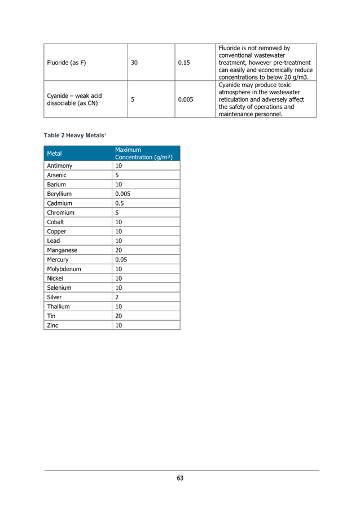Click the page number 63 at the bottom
point(180,478)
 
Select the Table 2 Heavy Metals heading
point(74,136)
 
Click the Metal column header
point(54,154)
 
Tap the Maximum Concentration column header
point(144,154)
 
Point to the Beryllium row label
point(59,194)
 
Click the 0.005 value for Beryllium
point(122,194)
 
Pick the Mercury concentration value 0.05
point(121,260)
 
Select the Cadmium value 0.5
point(119,203)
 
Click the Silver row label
point(54,297)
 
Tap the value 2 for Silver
point(117,297)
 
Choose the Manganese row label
point(62,250)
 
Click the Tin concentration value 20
point(118,316)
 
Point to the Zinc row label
point(52,325)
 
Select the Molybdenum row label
point(64,269)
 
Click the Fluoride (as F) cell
point(66,63)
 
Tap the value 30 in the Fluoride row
point(134,63)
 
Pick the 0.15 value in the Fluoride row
point(184,63)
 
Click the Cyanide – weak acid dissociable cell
point(74,99)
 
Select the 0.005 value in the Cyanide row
point(186,99)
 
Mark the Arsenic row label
point(56,175)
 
